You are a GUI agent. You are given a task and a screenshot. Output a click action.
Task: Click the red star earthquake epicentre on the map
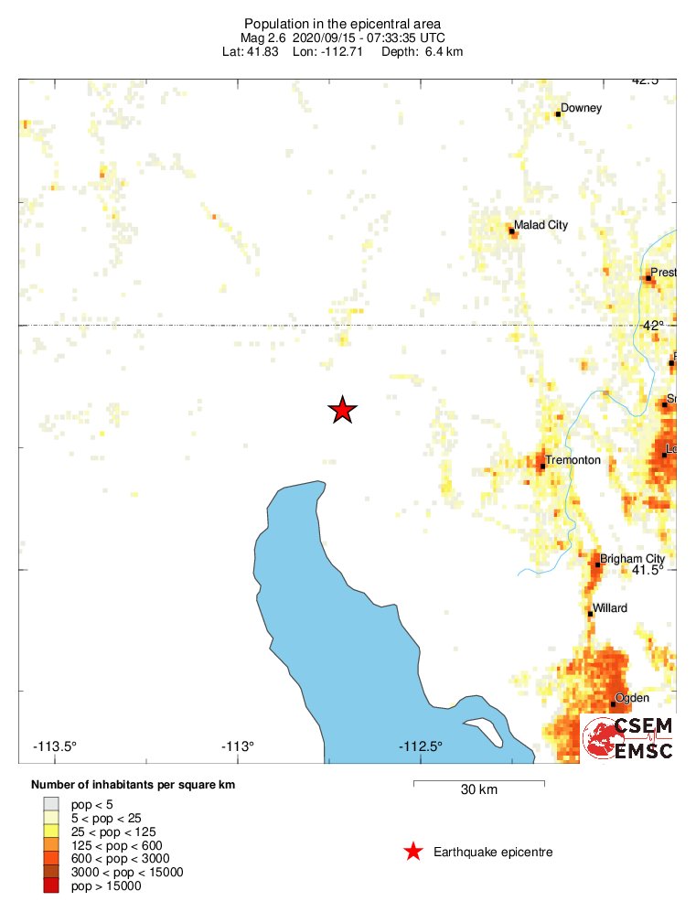pyautogui.click(x=342, y=410)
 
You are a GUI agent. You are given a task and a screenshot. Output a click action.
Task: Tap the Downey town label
pyautogui.click(x=582, y=108)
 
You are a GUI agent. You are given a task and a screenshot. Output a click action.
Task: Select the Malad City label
pyautogui.click(x=541, y=224)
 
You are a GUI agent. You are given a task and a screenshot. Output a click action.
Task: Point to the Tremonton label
pyautogui.click(x=573, y=460)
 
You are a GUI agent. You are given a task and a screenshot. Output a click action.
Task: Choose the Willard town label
pyautogui.click(x=610, y=608)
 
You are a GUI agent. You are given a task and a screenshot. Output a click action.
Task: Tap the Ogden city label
pyautogui.click(x=632, y=698)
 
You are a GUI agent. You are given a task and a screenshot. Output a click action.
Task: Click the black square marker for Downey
pyautogui.click(x=558, y=114)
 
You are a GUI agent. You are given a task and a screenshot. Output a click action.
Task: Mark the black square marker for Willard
pyautogui.click(x=591, y=614)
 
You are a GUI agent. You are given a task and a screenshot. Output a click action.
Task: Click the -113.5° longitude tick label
pyautogui.click(x=55, y=746)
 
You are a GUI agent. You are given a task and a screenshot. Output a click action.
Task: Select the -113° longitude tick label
pyautogui.click(x=238, y=746)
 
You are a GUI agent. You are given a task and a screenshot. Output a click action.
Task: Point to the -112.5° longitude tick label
pyautogui.click(x=420, y=746)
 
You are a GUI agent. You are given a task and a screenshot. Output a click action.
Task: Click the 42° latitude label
pyautogui.click(x=653, y=325)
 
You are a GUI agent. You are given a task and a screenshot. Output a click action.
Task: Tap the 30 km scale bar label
pyautogui.click(x=478, y=790)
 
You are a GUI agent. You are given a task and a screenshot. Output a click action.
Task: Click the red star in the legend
pyautogui.click(x=413, y=853)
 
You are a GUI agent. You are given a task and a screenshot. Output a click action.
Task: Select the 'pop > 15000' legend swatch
pyautogui.click(x=49, y=885)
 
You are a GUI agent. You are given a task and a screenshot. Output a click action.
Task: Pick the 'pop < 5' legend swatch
pyautogui.click(x=49, y=804)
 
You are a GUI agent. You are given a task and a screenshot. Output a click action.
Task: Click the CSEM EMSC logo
pyautogui.click(x=629, y=737)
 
